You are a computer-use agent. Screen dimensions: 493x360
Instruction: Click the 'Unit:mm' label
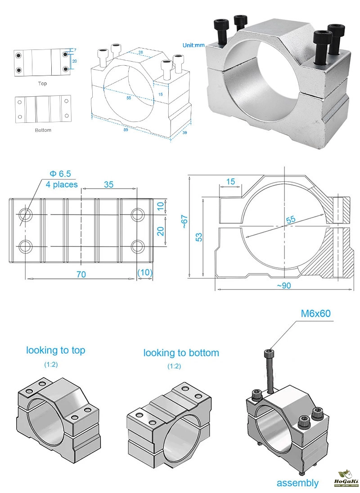tap(193, 45)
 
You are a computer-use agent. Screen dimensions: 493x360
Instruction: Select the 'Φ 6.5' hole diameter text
tap(60, 173)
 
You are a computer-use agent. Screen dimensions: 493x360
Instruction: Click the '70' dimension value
tap(81, 274)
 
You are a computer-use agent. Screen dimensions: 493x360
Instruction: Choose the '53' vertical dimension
tap(198, 237)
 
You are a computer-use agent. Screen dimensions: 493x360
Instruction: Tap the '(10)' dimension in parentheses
tap(145, 273)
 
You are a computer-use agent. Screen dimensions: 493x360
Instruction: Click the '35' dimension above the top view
tap(108, 184)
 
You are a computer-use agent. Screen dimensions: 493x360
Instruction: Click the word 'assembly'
tap(297, 483)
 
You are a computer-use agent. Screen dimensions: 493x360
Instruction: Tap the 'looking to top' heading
tap(55, 350)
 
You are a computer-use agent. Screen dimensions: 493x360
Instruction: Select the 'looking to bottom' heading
tap(181, 353)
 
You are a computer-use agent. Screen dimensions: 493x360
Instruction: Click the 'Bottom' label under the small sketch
tap(43, 130)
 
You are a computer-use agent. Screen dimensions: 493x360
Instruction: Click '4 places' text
tap(62, 184)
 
